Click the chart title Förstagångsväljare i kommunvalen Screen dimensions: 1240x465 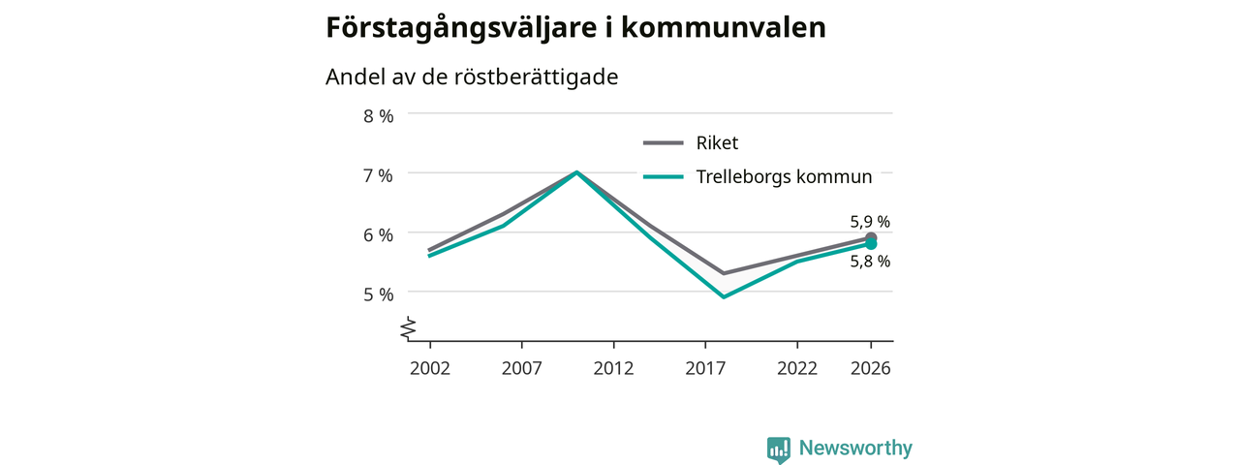(575, 28)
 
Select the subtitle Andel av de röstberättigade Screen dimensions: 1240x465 (472, 77)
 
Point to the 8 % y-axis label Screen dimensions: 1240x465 (379, 116)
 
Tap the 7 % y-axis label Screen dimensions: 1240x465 (379, 176)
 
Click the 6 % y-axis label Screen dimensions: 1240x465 (379, 235)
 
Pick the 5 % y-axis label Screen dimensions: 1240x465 (379, 294)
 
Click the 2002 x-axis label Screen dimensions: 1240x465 (430, 368)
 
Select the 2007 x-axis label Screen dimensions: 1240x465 (522, 368)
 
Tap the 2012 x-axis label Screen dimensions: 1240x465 (613, 368)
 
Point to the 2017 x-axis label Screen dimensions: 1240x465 (705, 368)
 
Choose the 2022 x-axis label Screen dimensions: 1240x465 (797, 368)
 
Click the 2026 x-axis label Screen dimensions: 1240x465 (871, 368)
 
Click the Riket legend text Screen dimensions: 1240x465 (717, 142)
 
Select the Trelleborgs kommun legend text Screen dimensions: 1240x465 (784, 176)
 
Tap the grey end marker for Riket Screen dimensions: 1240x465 (871, 237)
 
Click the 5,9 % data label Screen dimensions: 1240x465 (870, 222)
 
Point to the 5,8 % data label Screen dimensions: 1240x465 (870, 262)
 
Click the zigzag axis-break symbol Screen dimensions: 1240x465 (409, 328)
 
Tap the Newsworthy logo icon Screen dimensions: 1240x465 (779, 449)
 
